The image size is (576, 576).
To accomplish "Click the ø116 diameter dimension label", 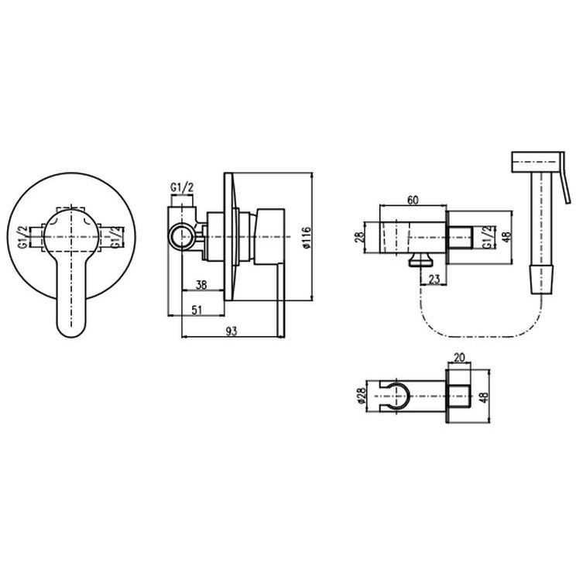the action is coord(307,238).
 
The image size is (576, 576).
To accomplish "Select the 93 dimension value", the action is coord(231,331).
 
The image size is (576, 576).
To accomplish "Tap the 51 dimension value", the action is coord(197,310).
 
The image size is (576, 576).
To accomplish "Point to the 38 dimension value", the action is coord(201,285).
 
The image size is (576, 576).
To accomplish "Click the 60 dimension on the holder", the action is coord(413,200).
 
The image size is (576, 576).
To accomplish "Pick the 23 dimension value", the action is coord(434,279).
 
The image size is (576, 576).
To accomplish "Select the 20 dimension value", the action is coord(459,357).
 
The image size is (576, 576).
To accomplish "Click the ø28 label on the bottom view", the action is coord(361,396).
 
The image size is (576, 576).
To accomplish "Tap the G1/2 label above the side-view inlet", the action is coord(182,187).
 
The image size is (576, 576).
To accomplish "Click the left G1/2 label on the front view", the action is coord(23,238).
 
